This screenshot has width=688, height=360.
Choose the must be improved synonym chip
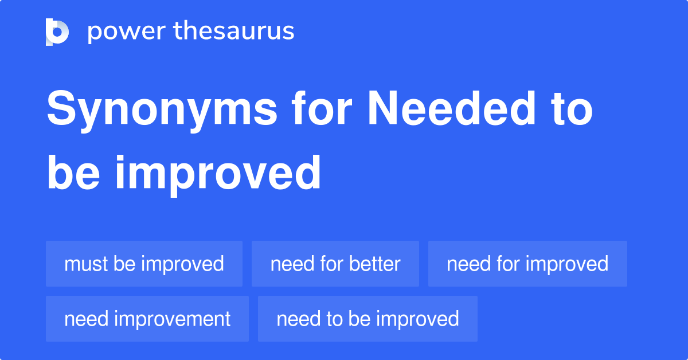(144, 264)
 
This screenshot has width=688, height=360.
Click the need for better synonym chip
(335, 264)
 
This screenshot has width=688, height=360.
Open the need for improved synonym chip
(527, 264)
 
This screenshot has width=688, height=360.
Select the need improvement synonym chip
(147, 319)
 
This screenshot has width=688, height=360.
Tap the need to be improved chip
(368, 319)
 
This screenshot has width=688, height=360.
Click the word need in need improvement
(86, 319)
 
